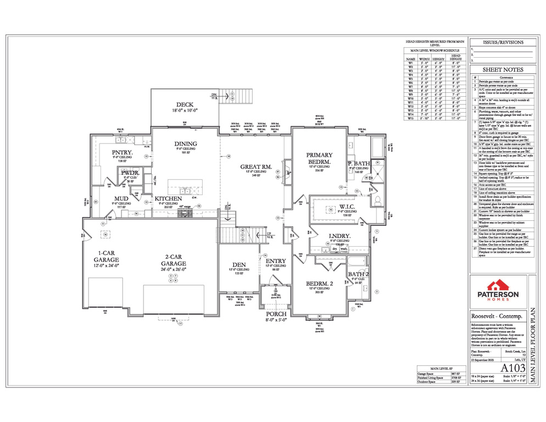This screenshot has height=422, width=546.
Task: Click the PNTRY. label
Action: click(120, 152)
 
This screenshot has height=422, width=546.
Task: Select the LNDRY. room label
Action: click(339, 235)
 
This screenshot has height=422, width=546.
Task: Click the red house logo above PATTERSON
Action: click(497, 285)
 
